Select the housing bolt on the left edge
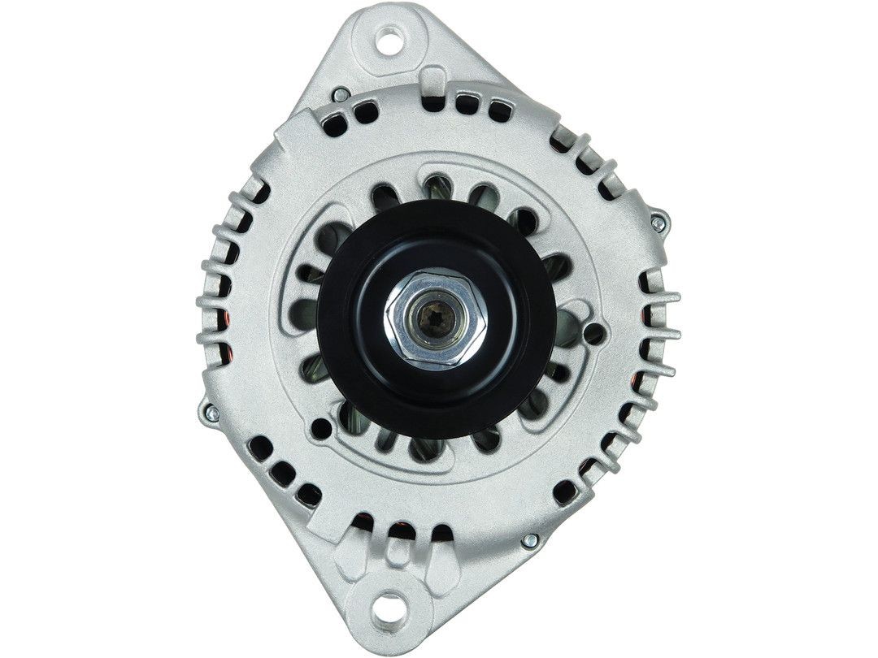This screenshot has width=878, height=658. [x=209, y=413]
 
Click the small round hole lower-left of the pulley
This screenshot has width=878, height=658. [x=323, y=428]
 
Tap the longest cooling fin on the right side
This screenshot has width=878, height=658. [x=660, y=297]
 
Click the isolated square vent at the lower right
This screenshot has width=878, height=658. [x=563, y=490]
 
